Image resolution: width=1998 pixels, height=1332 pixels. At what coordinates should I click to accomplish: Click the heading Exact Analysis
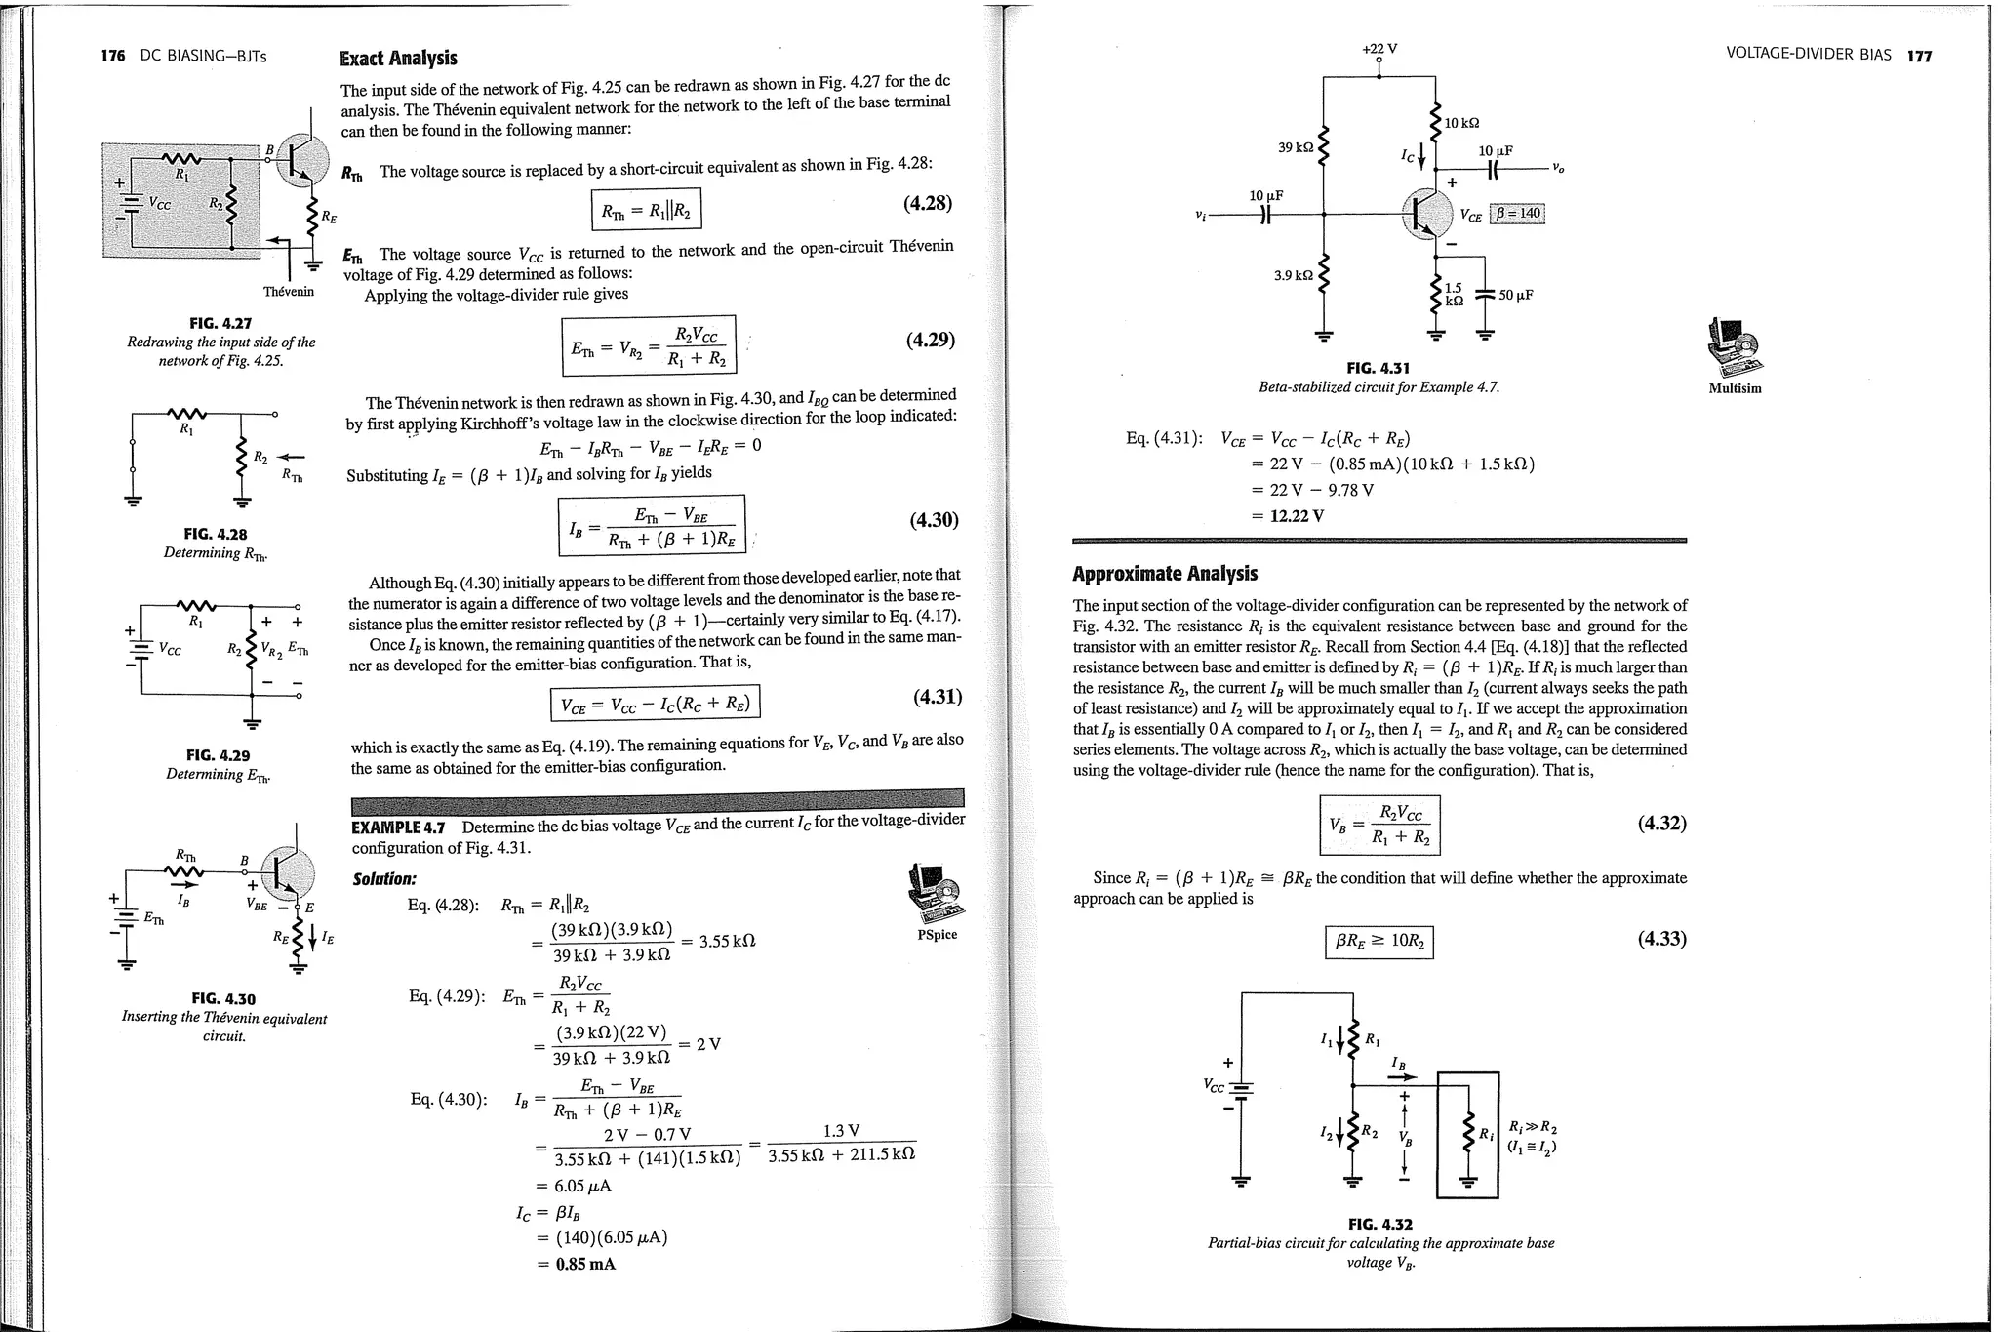tap(398, 59)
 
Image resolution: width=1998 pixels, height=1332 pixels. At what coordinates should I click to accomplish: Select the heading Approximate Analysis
tap(1165, 574)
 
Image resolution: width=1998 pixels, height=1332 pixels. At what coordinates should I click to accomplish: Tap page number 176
tap(113, 56)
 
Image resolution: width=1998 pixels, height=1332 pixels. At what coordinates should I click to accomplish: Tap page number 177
tap(1919, 56)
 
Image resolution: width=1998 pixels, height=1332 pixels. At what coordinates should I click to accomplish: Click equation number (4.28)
tap(927, 203)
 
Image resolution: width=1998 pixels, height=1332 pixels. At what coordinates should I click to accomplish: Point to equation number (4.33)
tap(1661, 939)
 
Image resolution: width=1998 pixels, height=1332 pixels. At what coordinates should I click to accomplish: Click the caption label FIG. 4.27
tap(220, 323)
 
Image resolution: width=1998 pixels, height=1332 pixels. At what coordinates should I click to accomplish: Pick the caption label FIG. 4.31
tap(1378, 368)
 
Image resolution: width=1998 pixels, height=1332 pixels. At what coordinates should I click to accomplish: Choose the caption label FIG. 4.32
tap(1379, 1224)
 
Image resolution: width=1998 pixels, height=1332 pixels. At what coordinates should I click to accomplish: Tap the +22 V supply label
tap(1379, 49)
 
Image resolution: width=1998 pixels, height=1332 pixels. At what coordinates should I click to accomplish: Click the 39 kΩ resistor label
tap(1296, 147)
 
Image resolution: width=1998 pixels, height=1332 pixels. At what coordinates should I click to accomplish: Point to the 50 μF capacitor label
tap(1516, 295)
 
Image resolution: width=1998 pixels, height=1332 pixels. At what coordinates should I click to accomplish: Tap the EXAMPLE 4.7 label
tap(398, 827)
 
